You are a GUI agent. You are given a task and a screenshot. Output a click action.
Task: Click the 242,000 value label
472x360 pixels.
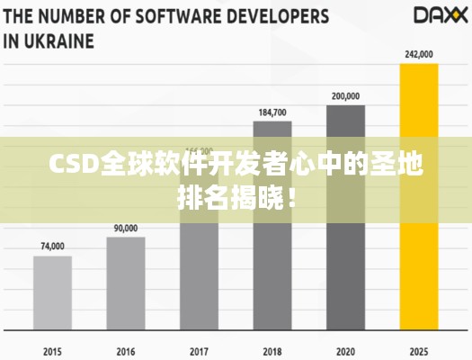point(418,54)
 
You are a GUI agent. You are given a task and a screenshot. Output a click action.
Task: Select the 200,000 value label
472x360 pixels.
point(345,95)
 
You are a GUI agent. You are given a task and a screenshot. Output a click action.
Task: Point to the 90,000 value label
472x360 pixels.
point(126,229)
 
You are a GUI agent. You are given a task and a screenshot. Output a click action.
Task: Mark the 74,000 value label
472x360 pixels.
point(52,247)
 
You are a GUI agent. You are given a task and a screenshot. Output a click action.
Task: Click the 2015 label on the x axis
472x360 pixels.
point(52,349)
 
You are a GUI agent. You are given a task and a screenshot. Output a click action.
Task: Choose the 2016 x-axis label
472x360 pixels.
point(126,349)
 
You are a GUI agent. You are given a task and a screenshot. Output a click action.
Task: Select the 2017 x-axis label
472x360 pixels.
point(199,349)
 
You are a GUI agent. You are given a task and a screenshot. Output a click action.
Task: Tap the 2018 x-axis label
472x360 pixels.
point(272,349)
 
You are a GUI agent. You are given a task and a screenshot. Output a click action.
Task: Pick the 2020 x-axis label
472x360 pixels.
point(345,349)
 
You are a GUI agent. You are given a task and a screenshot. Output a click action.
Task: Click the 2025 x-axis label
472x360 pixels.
point(418,349)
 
